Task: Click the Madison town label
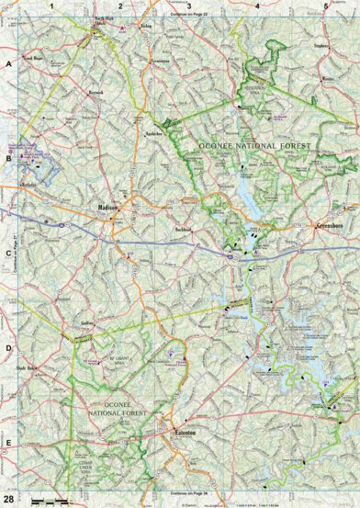click(109, 209)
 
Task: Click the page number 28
click(7, 496)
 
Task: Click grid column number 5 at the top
click(325, 6)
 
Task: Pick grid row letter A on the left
click(8, 65)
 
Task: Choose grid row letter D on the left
click(8, 348)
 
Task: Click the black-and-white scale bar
click(50, 500)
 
